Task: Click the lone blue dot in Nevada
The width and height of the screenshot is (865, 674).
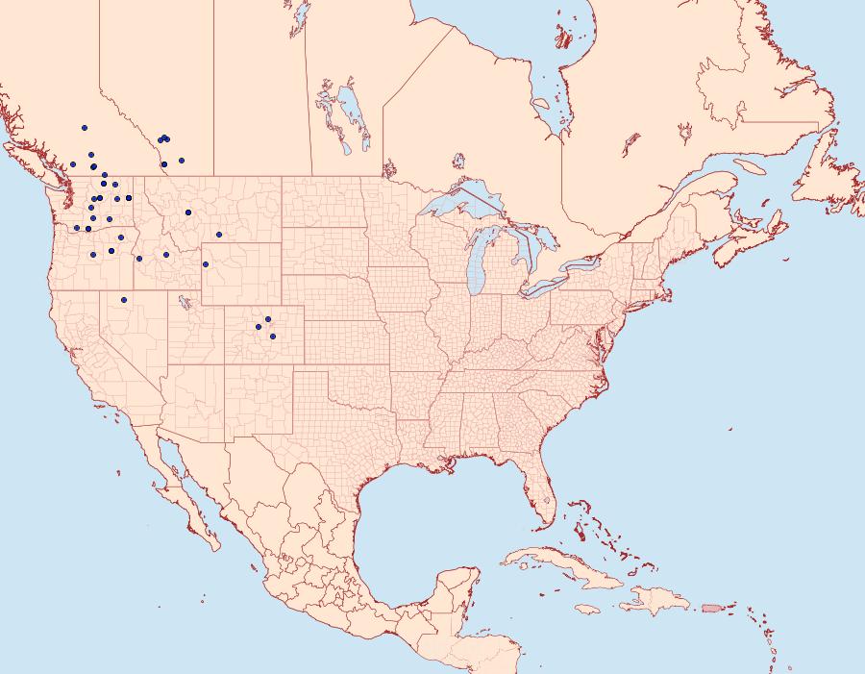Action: coord(124,300)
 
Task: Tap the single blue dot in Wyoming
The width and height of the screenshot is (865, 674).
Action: coord(206,264)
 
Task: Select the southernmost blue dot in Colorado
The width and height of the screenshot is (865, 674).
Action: coord(273,337)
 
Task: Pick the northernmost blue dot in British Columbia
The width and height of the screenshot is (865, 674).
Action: coord(85,128)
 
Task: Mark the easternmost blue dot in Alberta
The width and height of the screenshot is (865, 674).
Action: coord(182,161)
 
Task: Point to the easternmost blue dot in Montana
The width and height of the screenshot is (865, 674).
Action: coord(219,235)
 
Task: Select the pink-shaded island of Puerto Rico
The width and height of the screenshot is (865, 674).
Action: coord(711,608)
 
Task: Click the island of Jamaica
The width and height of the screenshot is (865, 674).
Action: coord(589,610)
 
